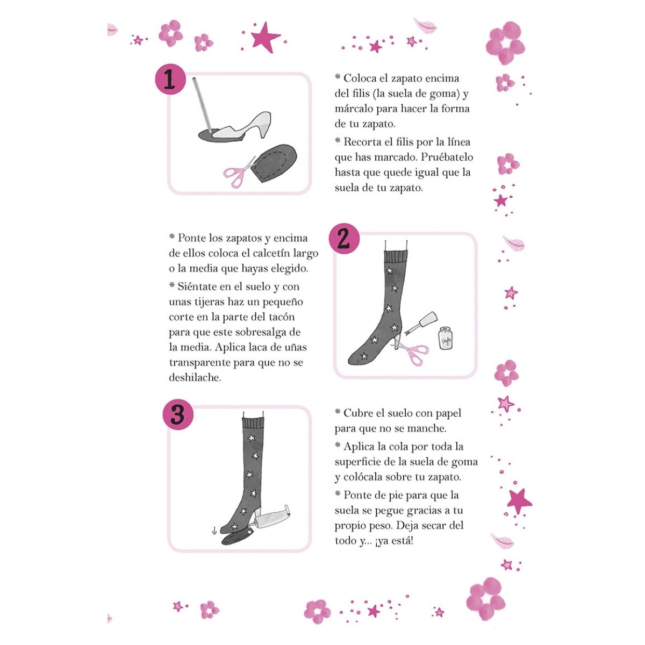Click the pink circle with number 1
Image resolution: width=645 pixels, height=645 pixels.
(169, 81)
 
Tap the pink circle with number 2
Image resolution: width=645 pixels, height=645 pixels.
(343, 240)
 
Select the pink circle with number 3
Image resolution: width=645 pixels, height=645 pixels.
(177, 414)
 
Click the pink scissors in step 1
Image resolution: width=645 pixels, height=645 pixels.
(239, 171)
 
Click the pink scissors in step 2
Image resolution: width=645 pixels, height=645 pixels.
(413, 352)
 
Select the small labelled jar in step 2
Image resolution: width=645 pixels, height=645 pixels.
(445, 338)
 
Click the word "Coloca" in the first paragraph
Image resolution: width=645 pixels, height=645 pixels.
(361, 78)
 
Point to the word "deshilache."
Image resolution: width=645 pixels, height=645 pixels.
(195, 377)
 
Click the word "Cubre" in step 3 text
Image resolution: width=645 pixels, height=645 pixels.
(359, 413)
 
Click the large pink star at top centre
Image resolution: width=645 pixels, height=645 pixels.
(266, 38)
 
